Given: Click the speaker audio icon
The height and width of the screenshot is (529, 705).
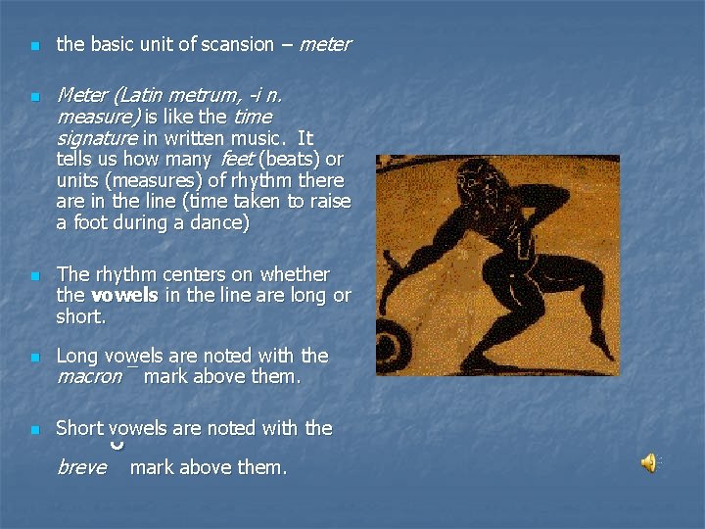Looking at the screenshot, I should pyautogui.click(x=649, y=463).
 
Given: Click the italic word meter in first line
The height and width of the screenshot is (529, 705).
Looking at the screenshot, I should pyautogui.click(x=324, y=44).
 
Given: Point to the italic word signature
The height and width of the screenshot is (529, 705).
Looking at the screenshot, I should pyautogui.click(x=96, y=138).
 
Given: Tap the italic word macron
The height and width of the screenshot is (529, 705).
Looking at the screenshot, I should pyautogui.click(x=89, y=376).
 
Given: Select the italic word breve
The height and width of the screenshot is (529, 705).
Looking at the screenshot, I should pyautogui.click(x=81, y=468).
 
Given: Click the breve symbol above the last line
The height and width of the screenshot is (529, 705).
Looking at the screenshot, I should pyautogui.click(x=117, y=446).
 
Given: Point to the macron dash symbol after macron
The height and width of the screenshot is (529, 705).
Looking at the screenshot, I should pyautogui.click(x=131, y=369).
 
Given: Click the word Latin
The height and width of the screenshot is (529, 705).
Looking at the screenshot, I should pyautogui.click(x=141, y=96).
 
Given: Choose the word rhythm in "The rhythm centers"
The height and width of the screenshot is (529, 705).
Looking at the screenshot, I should pyautogui.click(x=122, y=274).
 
